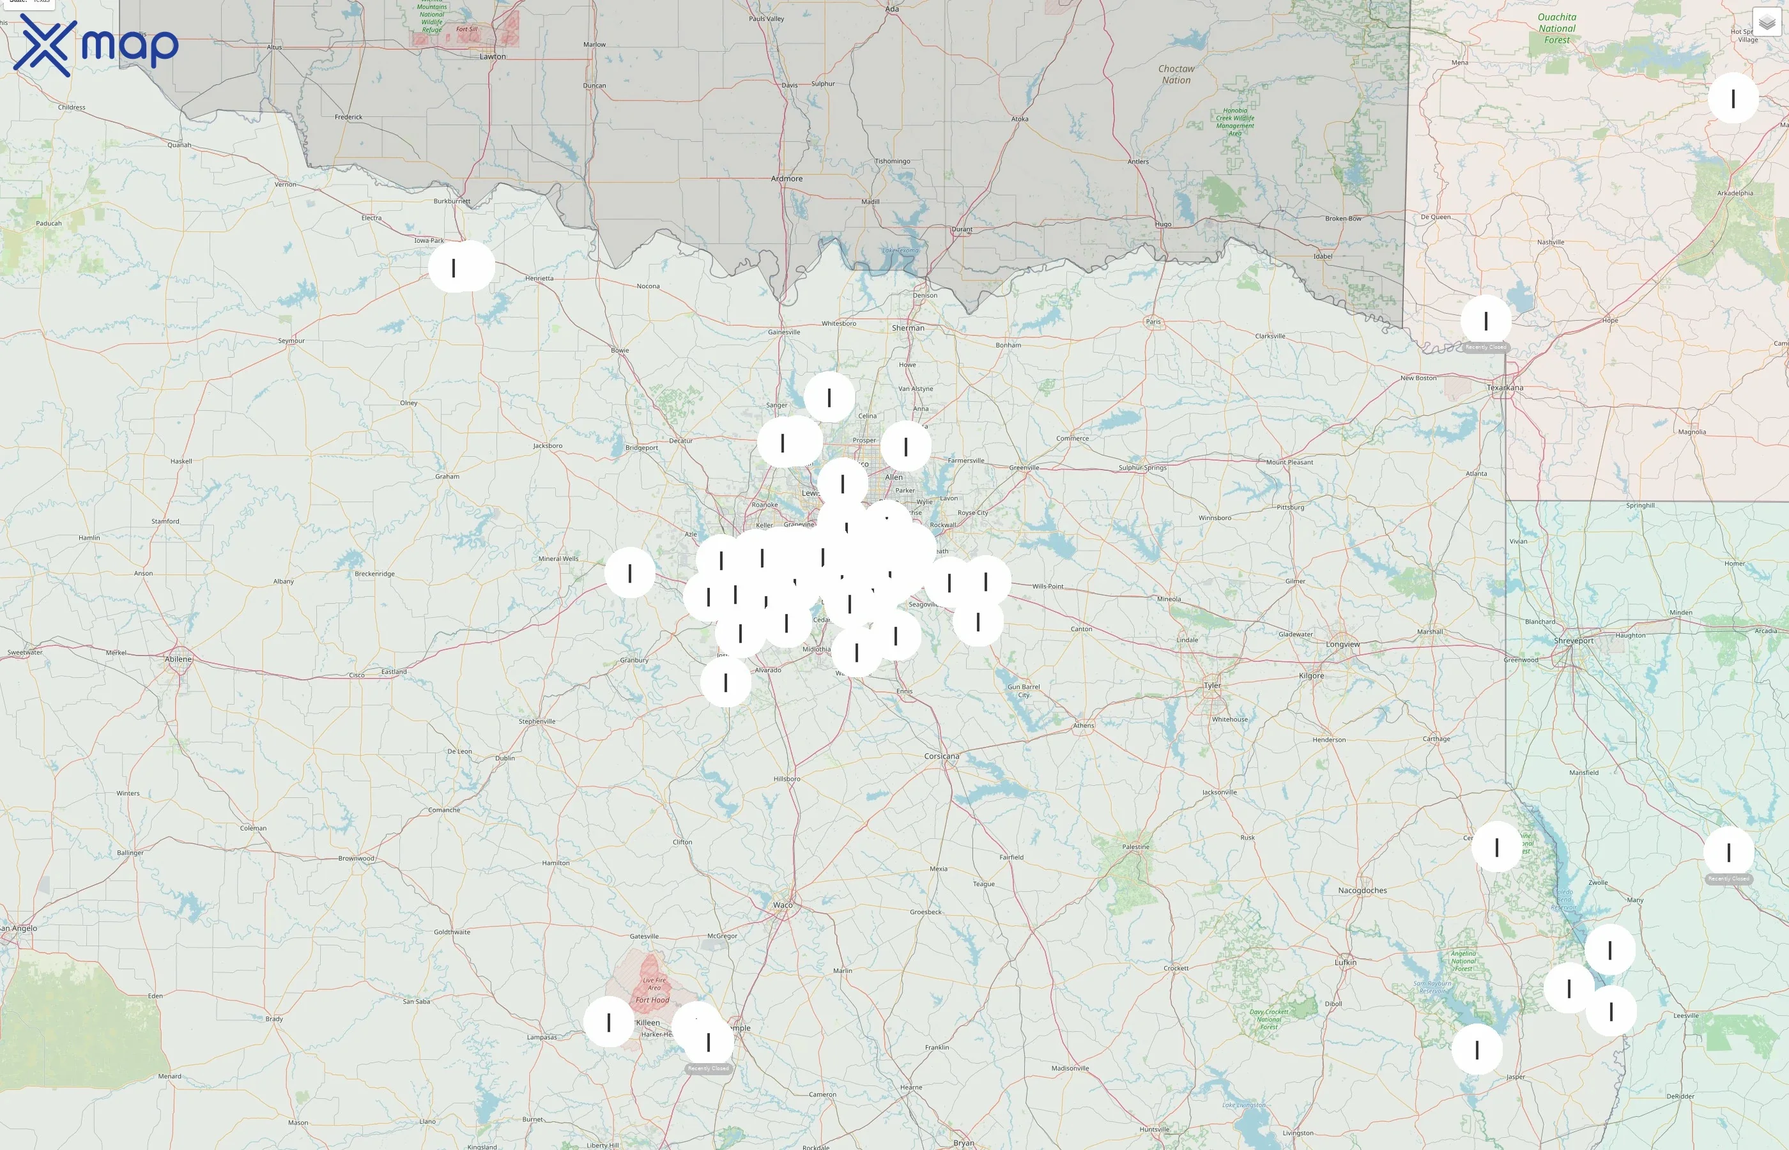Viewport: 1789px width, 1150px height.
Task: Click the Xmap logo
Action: (x=96, y=45)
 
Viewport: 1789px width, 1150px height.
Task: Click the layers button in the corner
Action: (x=1767, y=23)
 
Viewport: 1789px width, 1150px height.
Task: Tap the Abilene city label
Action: (x=178, y=659)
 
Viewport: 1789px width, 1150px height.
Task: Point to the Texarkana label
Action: (x=1505, y=388)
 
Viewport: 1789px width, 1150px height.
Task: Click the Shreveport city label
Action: (x=1573, y=641)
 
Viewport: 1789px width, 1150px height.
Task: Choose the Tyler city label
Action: (x=1212, y=685)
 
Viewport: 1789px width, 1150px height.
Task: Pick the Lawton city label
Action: (x=492, y=57)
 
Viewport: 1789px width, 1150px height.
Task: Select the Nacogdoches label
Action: (x=1362, y=890)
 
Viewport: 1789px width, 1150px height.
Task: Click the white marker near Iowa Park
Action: (x=454, y=267)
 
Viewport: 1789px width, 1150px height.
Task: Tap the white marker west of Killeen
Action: (x=608, y=1022)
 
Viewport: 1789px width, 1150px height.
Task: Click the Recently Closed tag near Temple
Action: (x=708, y=1069)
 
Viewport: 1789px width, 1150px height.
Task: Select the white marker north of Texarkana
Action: (x=1486, y=321)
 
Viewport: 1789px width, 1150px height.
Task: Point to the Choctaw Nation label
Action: (x=1176, y=74)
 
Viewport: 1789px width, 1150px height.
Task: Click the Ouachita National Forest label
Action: (x=1557, y=28)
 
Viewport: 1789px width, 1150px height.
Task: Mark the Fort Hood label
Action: (x=652, y=1000)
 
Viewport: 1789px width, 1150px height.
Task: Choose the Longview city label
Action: (x=1342, y=644)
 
